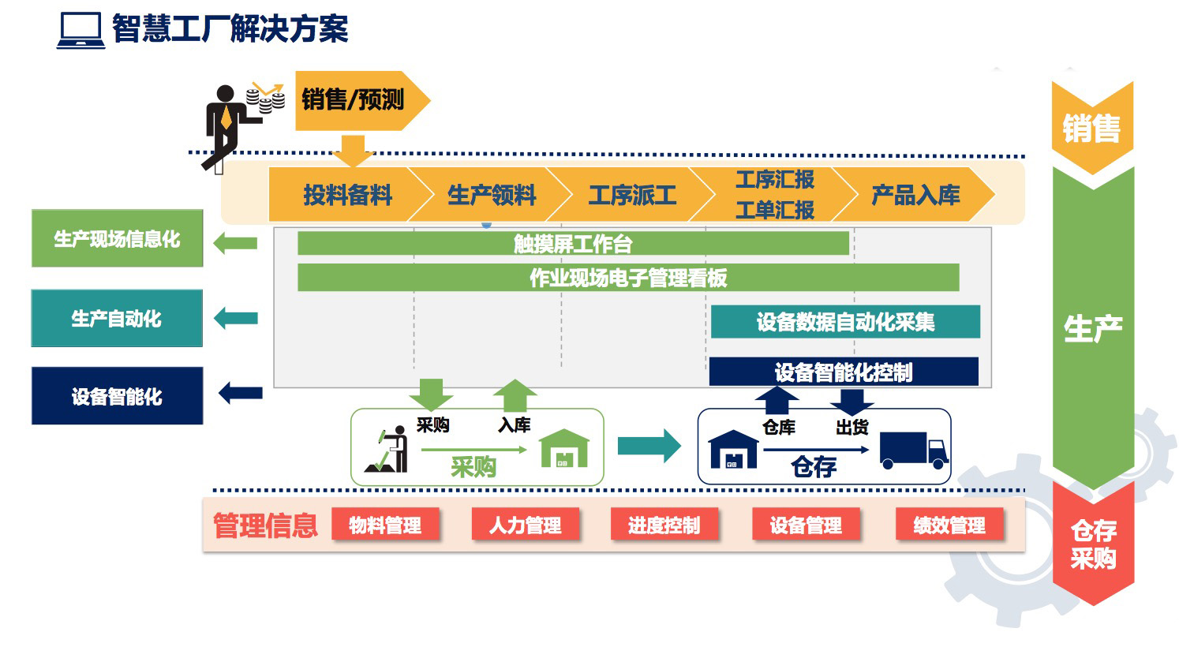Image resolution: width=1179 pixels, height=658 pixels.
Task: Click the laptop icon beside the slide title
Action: (x=80, y=31)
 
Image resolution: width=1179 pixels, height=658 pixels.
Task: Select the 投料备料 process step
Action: (x=347, y=195)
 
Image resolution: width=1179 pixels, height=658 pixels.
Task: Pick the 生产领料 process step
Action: (x=491, y=195)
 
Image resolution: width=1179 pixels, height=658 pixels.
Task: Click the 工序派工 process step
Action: (x=632, y=195)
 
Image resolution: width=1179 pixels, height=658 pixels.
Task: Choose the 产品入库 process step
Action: (x=915, y=195)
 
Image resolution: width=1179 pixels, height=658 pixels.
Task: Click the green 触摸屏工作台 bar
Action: (x=573, y=244)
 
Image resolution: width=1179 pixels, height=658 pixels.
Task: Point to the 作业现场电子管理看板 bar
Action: (x=628, y=278)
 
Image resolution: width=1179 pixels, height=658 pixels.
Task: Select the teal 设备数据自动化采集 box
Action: (x=845, y=322)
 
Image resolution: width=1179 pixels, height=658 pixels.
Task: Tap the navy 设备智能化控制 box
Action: (x=844, y=372)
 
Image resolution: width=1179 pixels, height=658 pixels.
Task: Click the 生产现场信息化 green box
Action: (x=117, y=238)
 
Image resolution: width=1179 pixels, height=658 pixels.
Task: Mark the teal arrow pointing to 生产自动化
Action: (x=236, y=319)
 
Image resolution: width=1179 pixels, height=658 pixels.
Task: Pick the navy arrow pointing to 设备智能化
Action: (x=240, y=393)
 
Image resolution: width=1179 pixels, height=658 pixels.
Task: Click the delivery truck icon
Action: (x=914, y=450)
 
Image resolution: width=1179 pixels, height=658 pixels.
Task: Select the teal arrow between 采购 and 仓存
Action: (x=649, y=446)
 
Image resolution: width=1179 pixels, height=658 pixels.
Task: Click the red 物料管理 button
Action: (x=385, y=525)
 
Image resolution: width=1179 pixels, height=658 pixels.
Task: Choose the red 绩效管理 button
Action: (x=949, y=525)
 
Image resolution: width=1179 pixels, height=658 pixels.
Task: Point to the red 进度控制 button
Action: (x=664, y=525)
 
